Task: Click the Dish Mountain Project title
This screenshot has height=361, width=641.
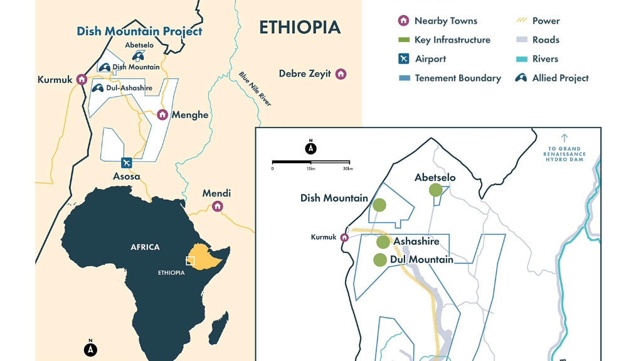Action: [139, 31]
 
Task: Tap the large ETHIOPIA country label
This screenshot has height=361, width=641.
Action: [300, 28]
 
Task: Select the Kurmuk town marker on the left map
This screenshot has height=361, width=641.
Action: [82, 79]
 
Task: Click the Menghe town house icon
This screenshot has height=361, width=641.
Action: [162, 114]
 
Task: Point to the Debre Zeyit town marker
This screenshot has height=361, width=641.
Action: [341, 73]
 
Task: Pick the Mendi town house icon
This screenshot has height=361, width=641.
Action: [218, 206]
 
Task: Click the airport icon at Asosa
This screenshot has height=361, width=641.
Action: [127, 163]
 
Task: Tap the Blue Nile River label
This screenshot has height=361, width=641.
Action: [255, 89]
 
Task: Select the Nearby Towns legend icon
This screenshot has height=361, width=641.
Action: [404, 21]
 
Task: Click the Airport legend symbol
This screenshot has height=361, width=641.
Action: [404, 59]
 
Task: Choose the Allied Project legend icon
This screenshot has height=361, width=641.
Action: [520, 78]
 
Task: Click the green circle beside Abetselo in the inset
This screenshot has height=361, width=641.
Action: [435, 190]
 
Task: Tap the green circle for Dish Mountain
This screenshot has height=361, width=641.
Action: [379, 205]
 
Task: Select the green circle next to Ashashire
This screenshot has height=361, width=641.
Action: [383, 242]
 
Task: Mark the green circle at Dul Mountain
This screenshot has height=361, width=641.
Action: [379, 259]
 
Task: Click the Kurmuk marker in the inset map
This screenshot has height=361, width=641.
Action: [344, 237]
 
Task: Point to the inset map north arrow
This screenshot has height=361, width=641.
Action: [310, 148]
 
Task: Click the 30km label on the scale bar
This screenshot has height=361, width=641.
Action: [347, 168]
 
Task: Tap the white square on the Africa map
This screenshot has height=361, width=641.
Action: [190, 261]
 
